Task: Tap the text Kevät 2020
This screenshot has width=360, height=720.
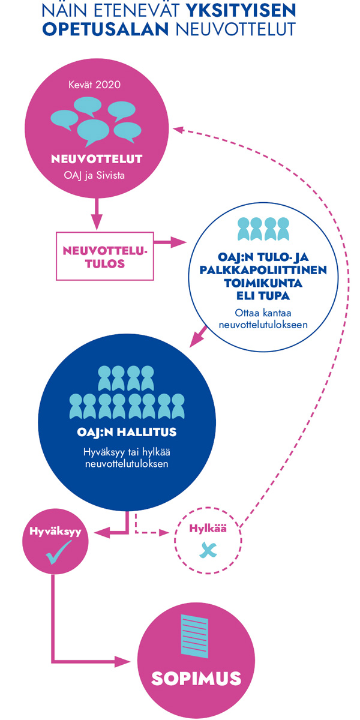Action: click(95, 84)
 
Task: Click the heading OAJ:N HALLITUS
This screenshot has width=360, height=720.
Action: click(126, 432)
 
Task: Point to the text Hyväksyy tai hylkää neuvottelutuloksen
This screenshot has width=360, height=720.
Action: click(126, 458)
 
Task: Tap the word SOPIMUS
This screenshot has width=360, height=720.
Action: click(196, 679)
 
